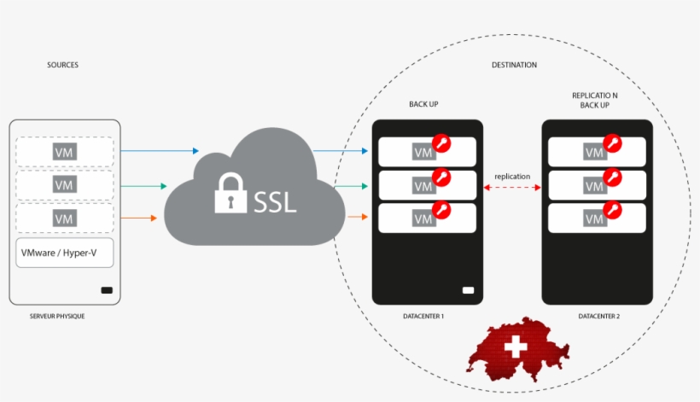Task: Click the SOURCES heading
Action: [62, 65]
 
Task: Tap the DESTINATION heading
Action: [514, 65]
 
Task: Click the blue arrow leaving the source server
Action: [159, 151]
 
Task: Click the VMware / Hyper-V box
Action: [64, 253]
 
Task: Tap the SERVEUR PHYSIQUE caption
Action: [57, 317]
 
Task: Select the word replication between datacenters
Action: [512, 177]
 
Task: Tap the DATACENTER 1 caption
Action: [423, 317]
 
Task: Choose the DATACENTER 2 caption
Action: [598, 317]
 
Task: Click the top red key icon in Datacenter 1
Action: [441, 143]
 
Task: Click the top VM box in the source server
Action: [65, 152]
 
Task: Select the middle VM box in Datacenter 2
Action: [597, 185]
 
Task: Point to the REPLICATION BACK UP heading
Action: [595, 100]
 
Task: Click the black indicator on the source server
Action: [107, 290]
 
